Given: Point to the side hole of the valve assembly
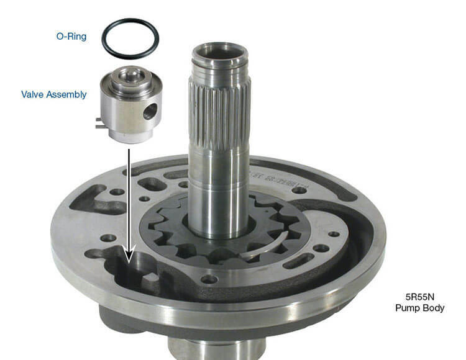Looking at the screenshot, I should coord(150,112).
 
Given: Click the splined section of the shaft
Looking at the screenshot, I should coord(221,118).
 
